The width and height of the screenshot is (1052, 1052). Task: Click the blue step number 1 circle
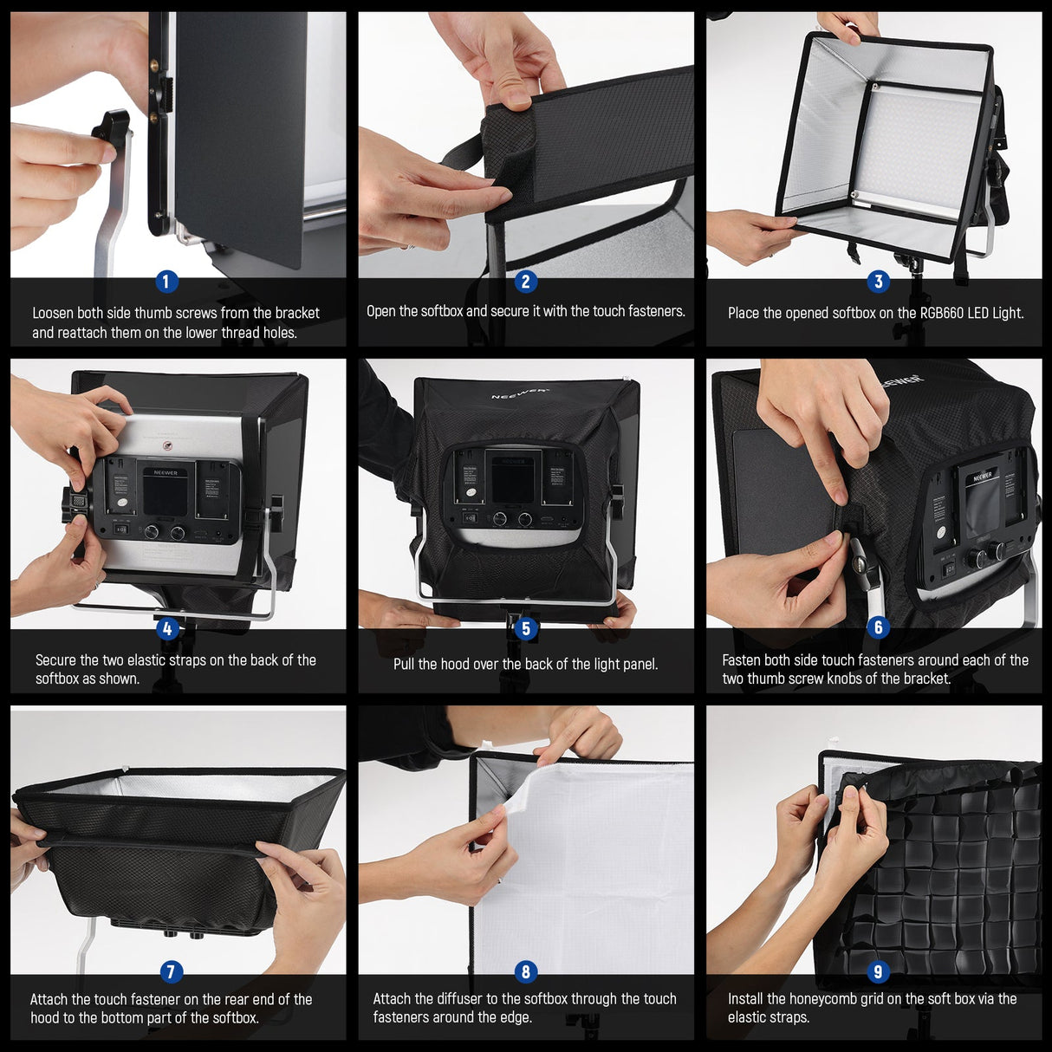(166, 282)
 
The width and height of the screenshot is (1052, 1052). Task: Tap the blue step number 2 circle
(525, 282)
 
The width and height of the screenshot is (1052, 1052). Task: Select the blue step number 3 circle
(878, 282)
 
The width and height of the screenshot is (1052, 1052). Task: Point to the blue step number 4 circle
(167, 629)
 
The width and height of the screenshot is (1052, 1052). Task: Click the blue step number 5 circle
(525, 629)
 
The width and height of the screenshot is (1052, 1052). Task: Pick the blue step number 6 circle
(878, 627)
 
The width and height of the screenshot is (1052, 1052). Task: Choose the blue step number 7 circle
(170, 972)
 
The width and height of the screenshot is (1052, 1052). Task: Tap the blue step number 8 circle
(525, 972)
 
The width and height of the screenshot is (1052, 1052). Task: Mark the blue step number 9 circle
(878, 972)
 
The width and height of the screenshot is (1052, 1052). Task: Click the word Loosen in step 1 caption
(53, 313)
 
